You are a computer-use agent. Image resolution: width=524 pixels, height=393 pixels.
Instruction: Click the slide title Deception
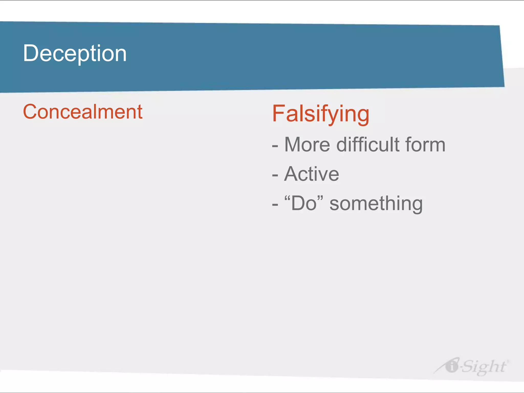[x=75, y=53]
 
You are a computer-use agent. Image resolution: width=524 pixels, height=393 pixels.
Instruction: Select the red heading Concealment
[x=83, y=112]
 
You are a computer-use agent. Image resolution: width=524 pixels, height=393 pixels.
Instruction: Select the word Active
[x=311, y=174]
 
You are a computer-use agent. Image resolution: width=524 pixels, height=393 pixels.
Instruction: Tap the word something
[x=376, y=204]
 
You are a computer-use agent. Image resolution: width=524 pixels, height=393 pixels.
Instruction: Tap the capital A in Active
[x=292, y=174]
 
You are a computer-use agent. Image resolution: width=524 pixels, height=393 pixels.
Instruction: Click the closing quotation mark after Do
[x=320, y=198]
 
